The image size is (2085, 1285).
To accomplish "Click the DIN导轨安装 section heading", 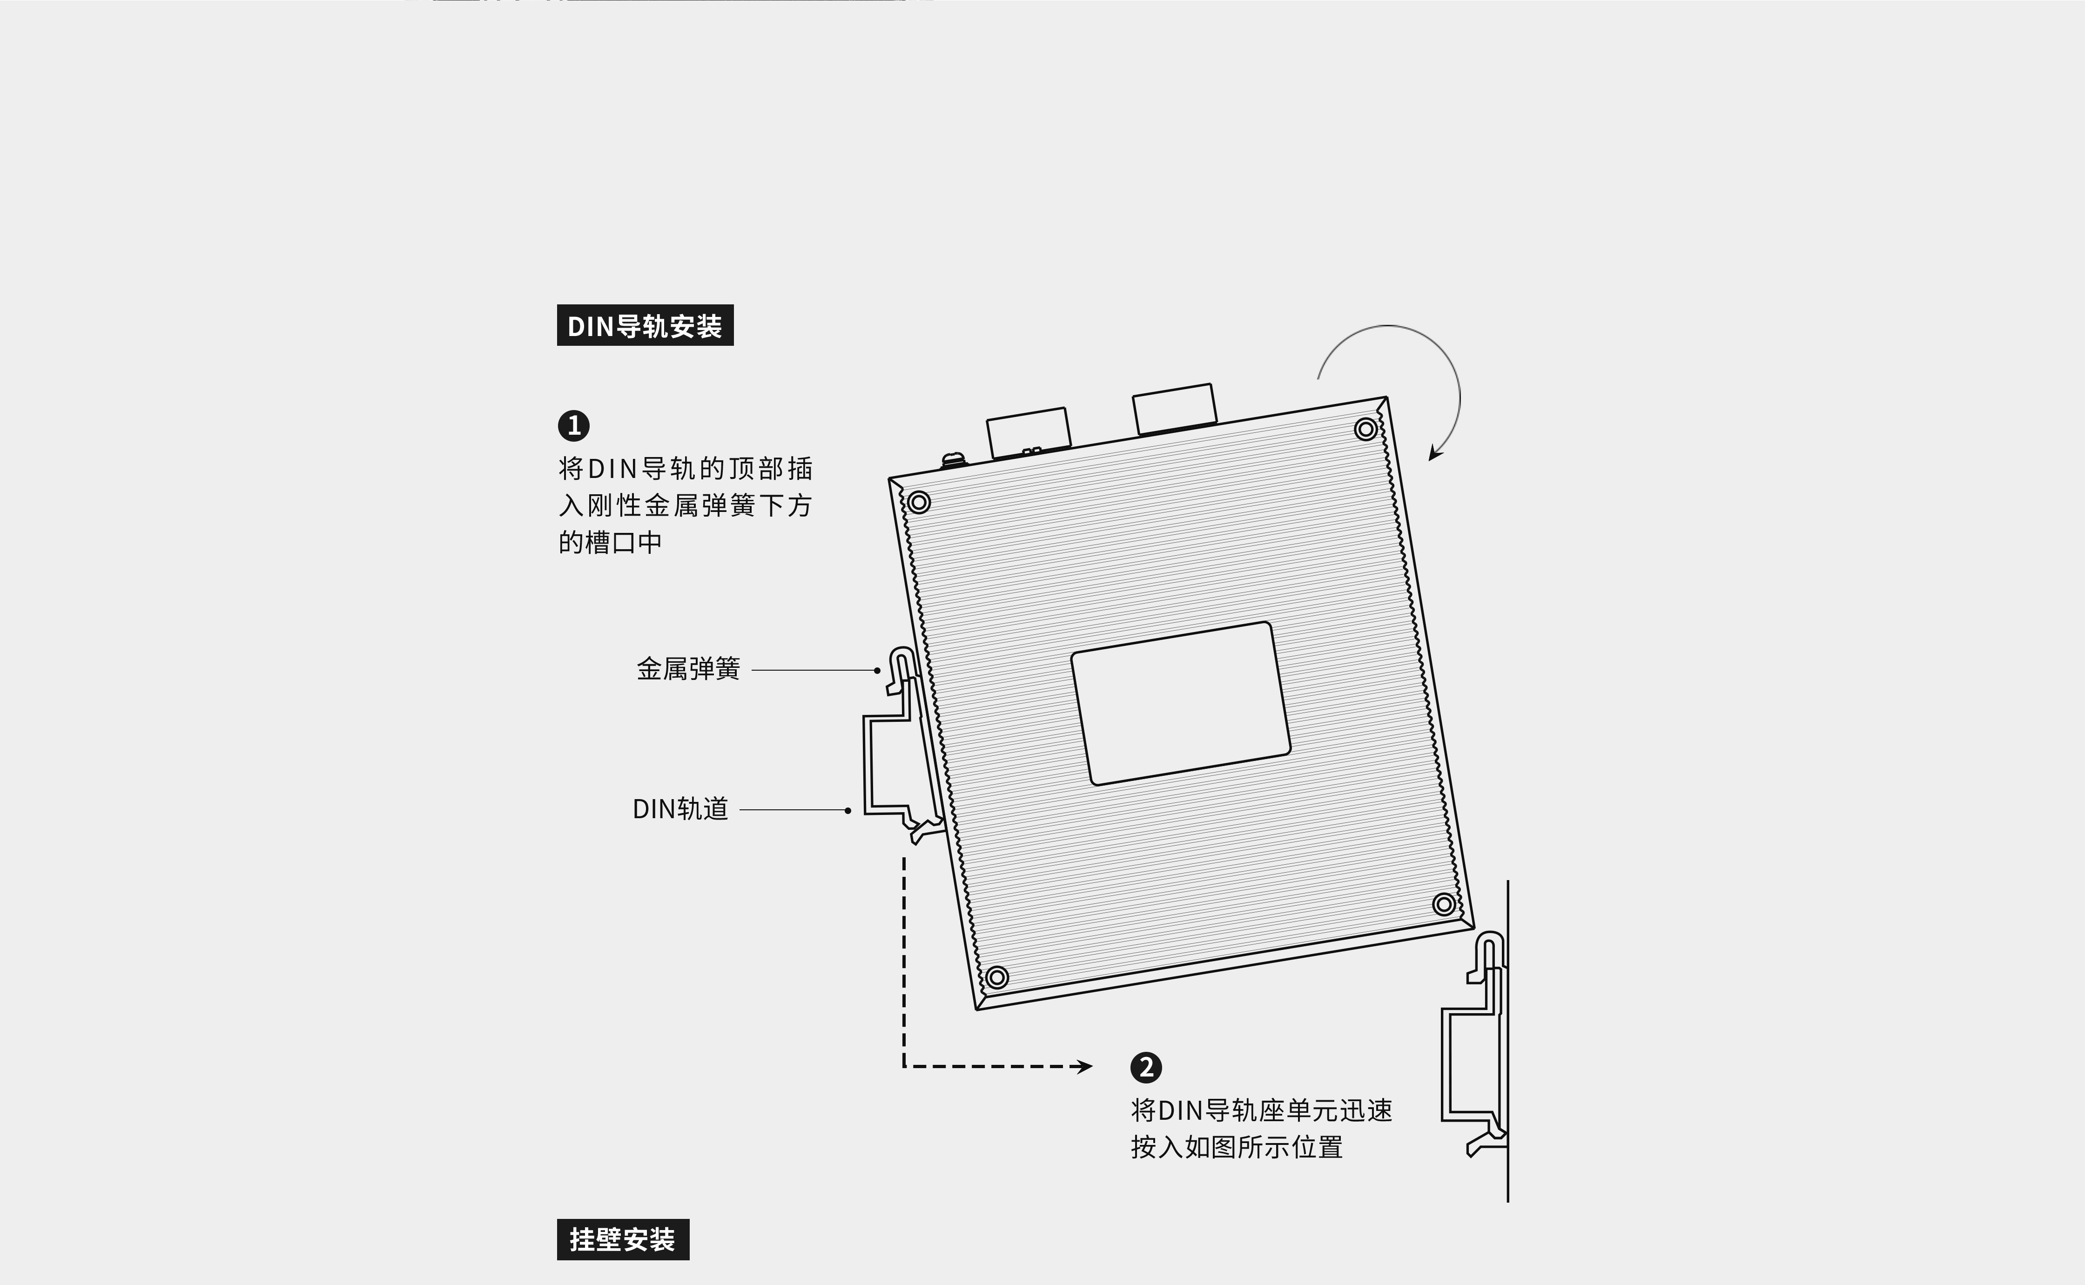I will coord(645,325).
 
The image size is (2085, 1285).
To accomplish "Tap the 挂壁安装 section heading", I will coord(623,1239).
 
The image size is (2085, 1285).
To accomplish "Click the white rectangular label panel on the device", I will coord(1180,704).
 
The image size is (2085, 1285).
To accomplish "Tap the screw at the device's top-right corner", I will coord(1365,429).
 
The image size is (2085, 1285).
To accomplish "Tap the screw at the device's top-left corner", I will coord(918,502).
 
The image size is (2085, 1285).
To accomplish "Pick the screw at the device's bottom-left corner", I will coord(997,977).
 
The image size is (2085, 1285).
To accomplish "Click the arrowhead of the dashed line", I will coord(1085,1067).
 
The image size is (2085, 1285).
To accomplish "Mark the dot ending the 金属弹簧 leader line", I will coord(877,671).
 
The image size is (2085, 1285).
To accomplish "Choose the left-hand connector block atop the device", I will coord(1028,432).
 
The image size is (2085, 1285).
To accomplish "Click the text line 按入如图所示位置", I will coord(1236,1147).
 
